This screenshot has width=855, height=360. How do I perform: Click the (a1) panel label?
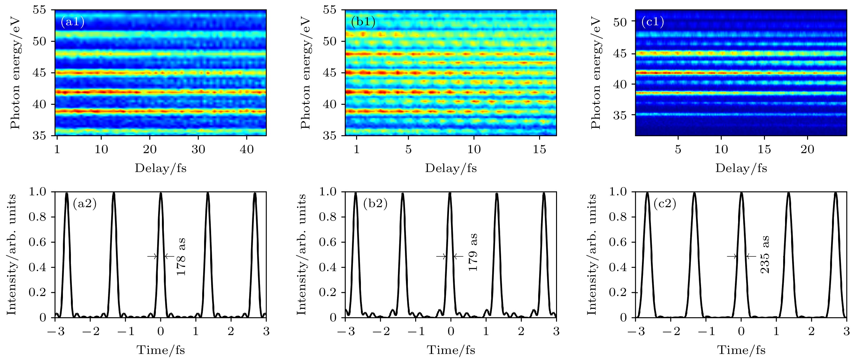73,22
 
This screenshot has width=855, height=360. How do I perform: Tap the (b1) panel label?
363,22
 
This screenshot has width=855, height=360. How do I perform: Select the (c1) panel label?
653,22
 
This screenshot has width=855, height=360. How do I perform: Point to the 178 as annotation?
181,256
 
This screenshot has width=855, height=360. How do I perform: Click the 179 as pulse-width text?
473,252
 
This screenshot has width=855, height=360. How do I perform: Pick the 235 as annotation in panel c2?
765,254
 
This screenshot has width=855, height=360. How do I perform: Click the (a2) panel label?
85,204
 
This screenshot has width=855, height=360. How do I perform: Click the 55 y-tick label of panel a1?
40,10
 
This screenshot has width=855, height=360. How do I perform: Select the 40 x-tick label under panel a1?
247,149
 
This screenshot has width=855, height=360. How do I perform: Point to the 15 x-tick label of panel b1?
539,149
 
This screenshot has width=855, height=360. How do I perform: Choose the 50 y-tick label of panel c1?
620,22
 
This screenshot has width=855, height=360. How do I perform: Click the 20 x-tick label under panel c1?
807,149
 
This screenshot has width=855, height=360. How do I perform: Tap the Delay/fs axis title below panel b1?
451,168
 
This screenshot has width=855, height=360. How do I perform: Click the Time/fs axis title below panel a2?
161,350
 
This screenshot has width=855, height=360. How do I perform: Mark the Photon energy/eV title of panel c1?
596,73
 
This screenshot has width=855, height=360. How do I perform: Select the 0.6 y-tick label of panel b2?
328,242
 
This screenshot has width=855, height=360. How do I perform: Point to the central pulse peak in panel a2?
161,193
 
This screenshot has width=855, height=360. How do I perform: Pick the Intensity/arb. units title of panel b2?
301,255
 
